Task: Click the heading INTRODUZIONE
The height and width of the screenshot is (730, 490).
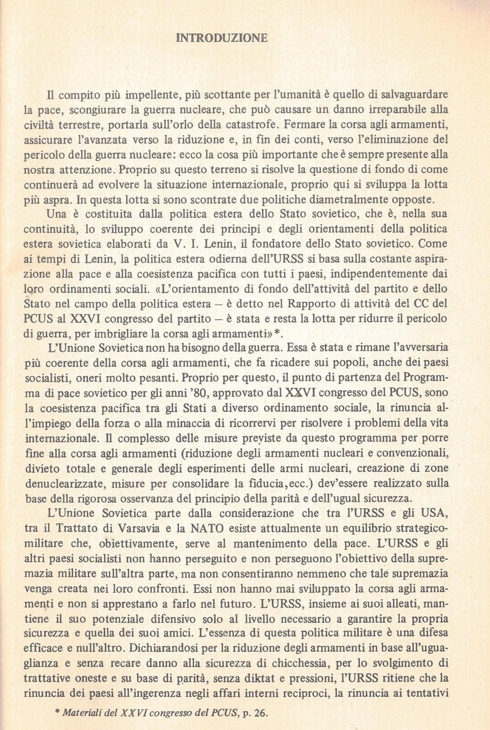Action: pos(222,38)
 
